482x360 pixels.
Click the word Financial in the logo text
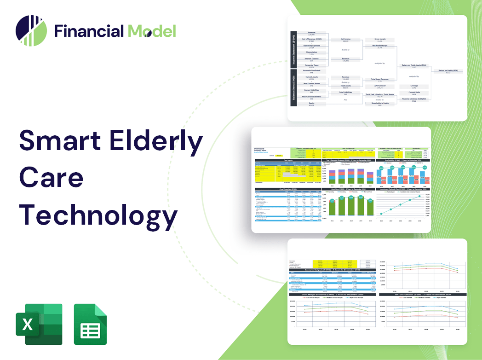point(89,31)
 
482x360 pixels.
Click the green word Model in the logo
point(152,31)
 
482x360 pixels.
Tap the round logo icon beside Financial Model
point(31,31)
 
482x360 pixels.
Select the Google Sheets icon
point(90,324)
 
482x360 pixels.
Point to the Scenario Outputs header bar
point(331,270)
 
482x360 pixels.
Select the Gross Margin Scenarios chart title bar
point(331,294)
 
